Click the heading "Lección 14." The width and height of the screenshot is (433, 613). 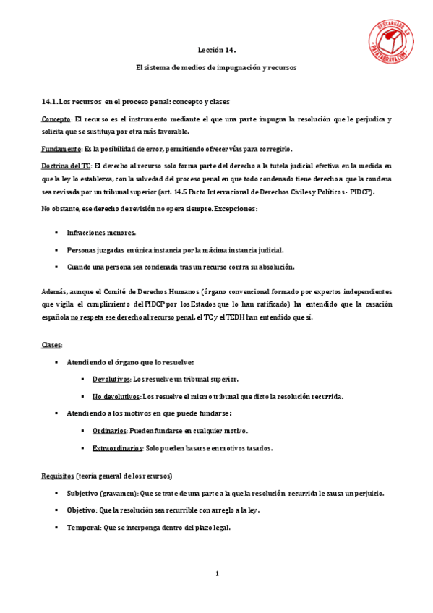pyautogui.click(x=217, y=50)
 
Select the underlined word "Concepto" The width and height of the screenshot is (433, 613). pyautogui.click(x=56, y=119)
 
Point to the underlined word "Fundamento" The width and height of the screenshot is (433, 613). pyautogui.click(x=61, y=149)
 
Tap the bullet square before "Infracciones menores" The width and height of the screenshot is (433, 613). pyautogui.click(x=56, y=233)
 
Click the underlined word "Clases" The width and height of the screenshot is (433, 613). pyautogui.click(x=52, y=345)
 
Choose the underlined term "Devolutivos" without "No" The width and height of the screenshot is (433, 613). pyautogui.click(x=111, y=379)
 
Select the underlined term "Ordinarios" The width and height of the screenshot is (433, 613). pyautogui.click(x=109, y=431)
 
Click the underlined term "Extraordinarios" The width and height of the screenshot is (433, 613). pyautogui.click(x=117, y=448)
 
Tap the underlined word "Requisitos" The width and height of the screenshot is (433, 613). pyautogui.click(x=58, y=476)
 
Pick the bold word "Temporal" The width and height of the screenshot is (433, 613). pyautogui.click(x=84, y=528)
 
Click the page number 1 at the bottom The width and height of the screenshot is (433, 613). pyautogui.click(x=216, y=574)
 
